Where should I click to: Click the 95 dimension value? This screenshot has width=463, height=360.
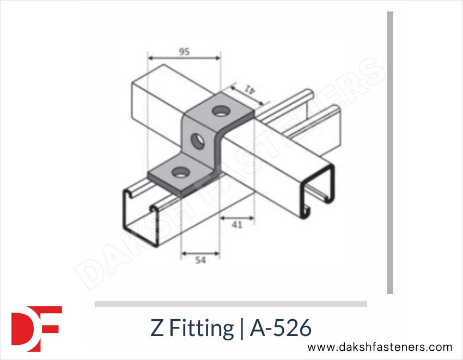tap(184, 52)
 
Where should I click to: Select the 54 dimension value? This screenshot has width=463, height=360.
tap(200, 261)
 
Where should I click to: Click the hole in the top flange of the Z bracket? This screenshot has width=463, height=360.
tap(221, 112)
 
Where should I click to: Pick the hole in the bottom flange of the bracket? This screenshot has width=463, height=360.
tap(178, 173)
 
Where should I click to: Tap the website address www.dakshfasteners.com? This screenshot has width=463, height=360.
tap(380, 347)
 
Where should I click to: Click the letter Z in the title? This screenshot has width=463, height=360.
tap(156, 328)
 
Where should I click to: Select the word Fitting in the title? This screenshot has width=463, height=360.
tap(200, 329)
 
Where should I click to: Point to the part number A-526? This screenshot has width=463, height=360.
tap(281, 328)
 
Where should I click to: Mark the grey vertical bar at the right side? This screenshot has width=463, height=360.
tap(390, 152)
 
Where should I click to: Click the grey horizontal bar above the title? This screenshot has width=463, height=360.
tap(230, 304)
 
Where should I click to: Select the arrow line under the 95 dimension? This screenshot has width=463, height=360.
tap(184, 57)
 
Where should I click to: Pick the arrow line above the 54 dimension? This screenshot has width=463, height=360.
tap(200, 254)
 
